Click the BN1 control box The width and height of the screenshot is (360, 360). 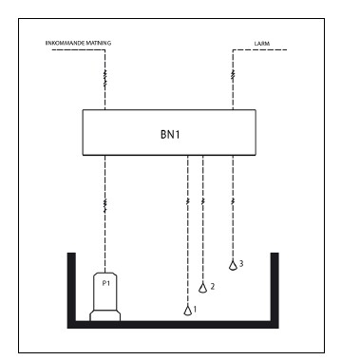[x=171, y=132]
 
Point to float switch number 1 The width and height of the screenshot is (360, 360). [x=187, y=309]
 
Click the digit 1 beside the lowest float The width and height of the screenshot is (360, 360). [x=196, y=310]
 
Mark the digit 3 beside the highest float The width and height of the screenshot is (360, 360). [x=241, y=264]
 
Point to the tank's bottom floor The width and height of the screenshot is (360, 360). [x=172, y=325]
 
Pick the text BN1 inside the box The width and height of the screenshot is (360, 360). [x=170, y=133]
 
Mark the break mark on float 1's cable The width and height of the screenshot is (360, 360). [x=187, y=201]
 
